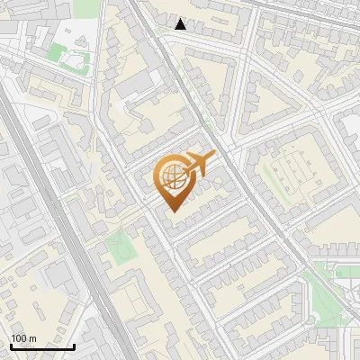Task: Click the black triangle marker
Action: click(x=181, y=24)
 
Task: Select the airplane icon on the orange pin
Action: click(x=198, y=165)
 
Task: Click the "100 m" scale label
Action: click(x=24, y=338)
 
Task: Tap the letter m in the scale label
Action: click(x=32, y=338)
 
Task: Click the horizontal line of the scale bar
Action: click(x=41, y=346)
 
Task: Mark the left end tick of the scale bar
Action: click(x=11, y=345)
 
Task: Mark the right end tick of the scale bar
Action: click(x=73, y=345)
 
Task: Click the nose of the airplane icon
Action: click(x=214, y=156)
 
